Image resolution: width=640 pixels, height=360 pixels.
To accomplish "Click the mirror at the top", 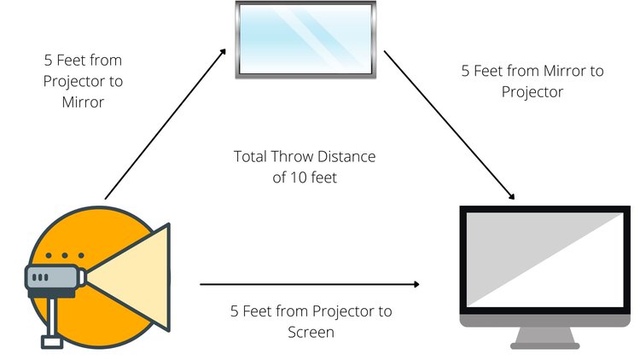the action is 305,39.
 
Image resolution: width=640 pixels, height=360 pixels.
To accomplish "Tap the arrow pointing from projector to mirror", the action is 166,124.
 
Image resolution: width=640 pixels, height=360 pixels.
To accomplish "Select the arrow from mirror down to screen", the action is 449,125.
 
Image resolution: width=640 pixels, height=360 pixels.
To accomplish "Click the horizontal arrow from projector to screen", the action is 310,284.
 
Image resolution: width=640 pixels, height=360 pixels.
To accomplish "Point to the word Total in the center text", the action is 250,156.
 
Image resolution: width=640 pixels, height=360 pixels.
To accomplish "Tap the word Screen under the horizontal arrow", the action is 311,332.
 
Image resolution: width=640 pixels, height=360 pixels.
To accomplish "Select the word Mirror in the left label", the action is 83,102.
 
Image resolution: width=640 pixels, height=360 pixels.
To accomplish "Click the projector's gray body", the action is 52,278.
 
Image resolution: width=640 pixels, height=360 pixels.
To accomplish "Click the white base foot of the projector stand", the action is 52,342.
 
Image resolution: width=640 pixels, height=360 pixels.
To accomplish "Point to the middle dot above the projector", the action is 65,256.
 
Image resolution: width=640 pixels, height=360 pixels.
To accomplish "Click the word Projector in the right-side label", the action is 532,92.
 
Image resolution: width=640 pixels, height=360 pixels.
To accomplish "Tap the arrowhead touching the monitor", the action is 510,195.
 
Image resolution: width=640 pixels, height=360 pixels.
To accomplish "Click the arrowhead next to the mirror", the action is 223,52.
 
